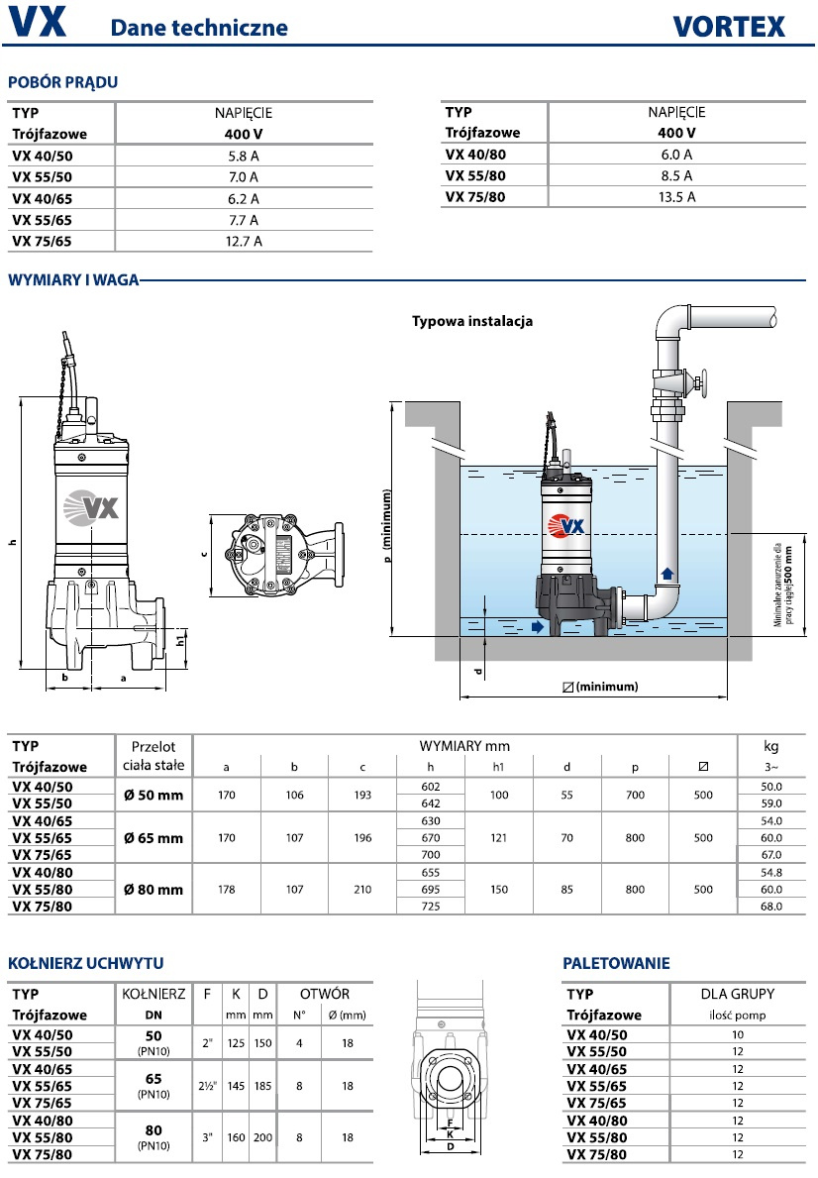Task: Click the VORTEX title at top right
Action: [x=730, y=24]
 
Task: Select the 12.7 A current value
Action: [x=243, y=241]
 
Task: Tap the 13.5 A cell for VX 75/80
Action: [x=676, y=196]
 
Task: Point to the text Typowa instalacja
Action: [x=472, y=321]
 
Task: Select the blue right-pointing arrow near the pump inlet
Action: [x=537, y=626]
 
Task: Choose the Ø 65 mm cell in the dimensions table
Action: [x=153, y=838]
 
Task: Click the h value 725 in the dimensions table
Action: [x=429, y=907]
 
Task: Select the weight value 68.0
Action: [x=771, y=907]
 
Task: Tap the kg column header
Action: [x=772, y=746]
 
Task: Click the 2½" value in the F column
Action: [x=206, y=1086]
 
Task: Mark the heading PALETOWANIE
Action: [x=616, y=962]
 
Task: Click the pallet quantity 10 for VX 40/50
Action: [x=738, y=1034]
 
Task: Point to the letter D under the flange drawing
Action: [x=451, y=1147]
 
